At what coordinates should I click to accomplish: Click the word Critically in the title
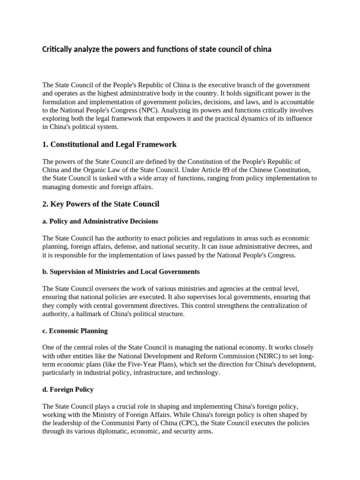click(58, 49)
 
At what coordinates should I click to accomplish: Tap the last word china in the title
click(261, 49)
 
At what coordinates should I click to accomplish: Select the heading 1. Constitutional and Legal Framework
click(109, 144)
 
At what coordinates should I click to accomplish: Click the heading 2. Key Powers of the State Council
click(101, 204)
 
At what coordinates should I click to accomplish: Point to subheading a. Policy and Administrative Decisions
click(100, 221)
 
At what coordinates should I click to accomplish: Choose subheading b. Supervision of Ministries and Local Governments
click(121, 271)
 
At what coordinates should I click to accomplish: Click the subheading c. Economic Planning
click(75, 330)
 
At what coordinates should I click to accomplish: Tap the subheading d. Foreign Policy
click(68, 390)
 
